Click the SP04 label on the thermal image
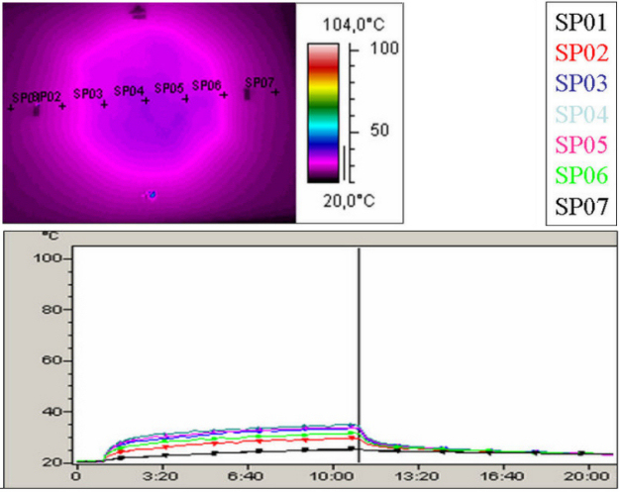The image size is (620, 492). pyautogui.click(x=129, y=91)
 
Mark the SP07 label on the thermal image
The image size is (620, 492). pyautogui.click(x=259, y=83)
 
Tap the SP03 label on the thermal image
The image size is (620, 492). pyautogui.click(x=88, y=94)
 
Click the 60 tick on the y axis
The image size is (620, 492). pyautogui.click(x=52, y=360)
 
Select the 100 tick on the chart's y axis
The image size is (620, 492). pyautogui.click(x=49, y=257)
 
